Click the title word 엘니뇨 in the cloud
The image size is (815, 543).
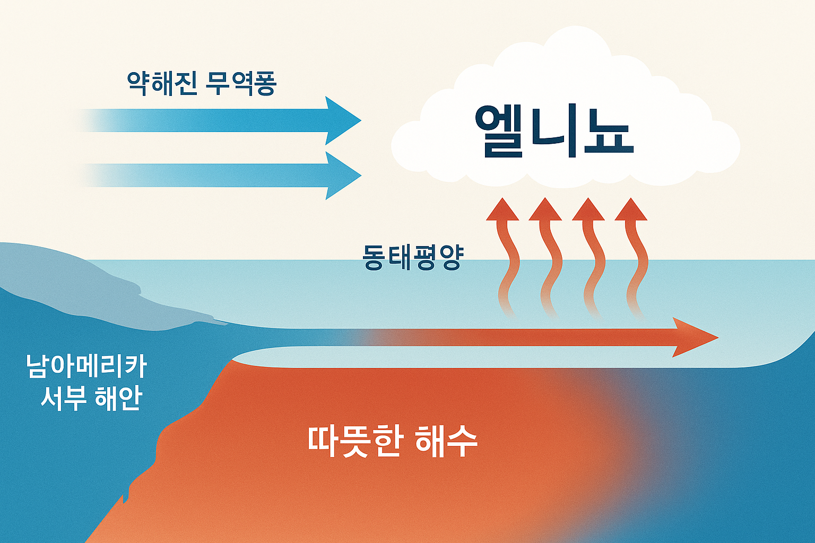(x=554, y=132)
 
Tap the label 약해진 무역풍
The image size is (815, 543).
(x=202, y=83)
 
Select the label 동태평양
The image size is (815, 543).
(x=413, y=257)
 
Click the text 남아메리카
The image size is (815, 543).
(x=86, y=366)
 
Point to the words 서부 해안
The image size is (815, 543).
(x=91, y=398)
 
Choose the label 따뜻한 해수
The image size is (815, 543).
(x=393, y=441)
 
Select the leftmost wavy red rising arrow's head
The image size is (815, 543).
(x=502, y=209)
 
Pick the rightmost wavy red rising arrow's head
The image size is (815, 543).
(x=631, y=209)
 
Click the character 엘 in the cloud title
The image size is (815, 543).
(x=499, y=132)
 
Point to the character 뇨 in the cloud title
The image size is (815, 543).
(x=608, y=132)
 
